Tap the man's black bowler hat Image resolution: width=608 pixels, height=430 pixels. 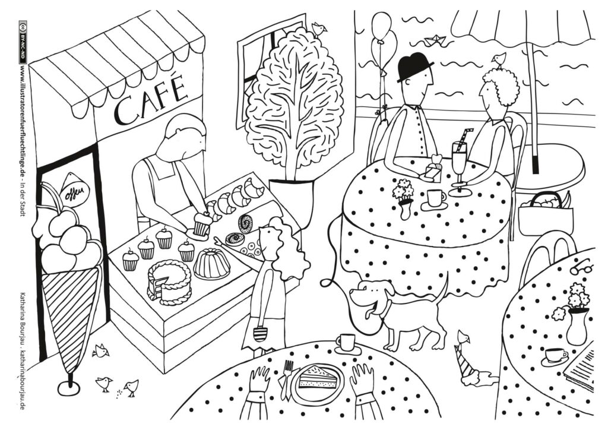tap(414, 67)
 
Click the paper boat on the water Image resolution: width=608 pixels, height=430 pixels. tap(435, 39)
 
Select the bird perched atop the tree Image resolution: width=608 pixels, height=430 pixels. tap(319, 29)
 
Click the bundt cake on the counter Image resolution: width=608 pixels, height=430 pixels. tap(212, 264)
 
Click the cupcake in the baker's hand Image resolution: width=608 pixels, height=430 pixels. tap(202, 224)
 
